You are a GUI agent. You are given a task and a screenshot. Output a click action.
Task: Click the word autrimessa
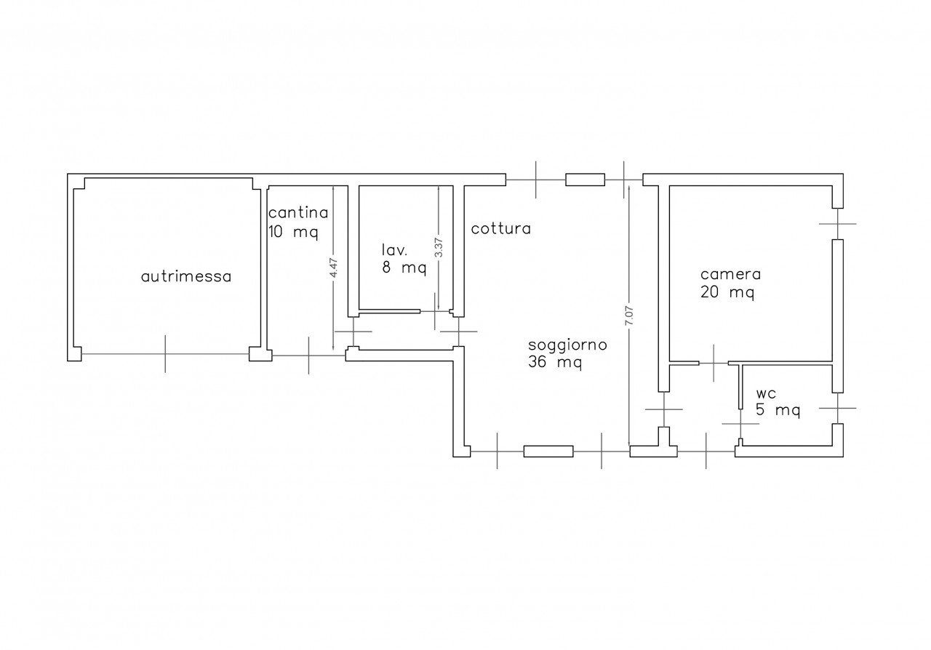(186, 276)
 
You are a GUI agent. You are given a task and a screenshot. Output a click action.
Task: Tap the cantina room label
(298, 213)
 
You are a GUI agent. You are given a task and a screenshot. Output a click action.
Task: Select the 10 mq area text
(293, 232)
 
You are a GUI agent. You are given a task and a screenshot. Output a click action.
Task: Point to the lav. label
(394, 250)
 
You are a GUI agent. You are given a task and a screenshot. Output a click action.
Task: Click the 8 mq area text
(404, 268)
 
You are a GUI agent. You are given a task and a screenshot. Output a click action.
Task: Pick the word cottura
(501, 228)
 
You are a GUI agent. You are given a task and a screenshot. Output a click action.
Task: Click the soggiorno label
(567, 345)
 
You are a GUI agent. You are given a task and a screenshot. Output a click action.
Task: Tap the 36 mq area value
(555, 362)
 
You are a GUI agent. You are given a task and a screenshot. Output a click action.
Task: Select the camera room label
(730, 274)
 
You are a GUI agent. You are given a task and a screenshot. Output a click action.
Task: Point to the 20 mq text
(727, 292)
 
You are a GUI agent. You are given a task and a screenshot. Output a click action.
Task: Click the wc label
(766, 393)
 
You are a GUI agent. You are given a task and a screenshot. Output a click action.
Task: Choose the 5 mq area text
(778, 410)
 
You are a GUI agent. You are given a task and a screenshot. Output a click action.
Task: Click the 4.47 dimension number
(333, 268)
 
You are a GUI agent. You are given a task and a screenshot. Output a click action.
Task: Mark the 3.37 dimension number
(439, 247)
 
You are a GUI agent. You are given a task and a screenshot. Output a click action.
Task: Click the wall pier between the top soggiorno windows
(585, 180)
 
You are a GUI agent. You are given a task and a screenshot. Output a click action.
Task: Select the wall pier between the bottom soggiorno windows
(548, 452)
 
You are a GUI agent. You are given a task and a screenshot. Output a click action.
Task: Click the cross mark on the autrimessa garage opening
(165, 354)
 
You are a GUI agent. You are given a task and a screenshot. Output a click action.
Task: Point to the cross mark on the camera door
(714, 364)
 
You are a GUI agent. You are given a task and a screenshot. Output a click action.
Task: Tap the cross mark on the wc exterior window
(837, 408)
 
